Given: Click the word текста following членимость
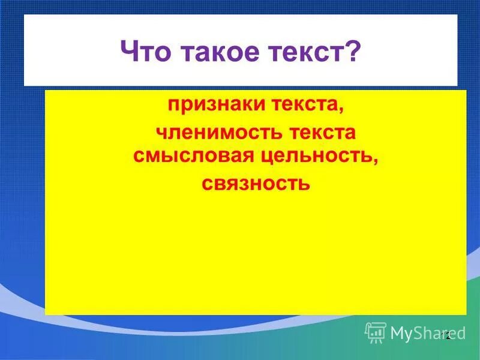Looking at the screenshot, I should (x=315, y=131).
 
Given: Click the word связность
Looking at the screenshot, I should (x=256, y=182).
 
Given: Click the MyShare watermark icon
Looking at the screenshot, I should (x=375, y=332).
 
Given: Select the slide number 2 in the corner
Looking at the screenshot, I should (x=447, y=336).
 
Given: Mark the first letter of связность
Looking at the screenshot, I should (x=207, y=182).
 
